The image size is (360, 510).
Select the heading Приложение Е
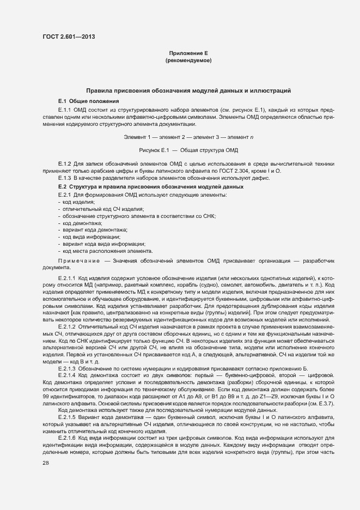[x=188, y=53]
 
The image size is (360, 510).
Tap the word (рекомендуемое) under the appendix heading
[x=188, y=60]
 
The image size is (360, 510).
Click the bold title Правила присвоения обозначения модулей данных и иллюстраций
[x=188, y=90]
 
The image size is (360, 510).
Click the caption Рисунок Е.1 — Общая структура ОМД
[x=188, y=149]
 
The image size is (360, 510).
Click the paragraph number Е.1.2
[x=65, y=164]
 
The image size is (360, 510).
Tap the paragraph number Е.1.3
[x=65, y=178]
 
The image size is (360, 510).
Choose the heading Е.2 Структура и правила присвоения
[x=151, y=187]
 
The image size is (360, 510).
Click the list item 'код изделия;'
[x=78, y=202]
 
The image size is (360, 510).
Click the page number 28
[x=46, y=463]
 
